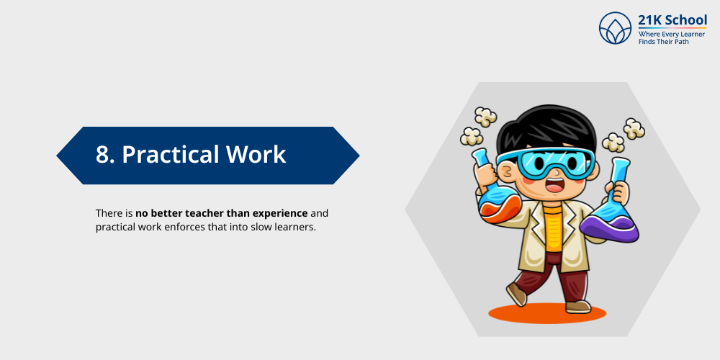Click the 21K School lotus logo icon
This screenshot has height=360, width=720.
[616, 28]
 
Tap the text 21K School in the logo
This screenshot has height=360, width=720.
[672, 19]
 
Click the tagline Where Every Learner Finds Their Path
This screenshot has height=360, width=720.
[672, 37]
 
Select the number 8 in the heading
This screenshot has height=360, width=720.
[103, 155]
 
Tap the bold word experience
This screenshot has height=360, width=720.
[280, 215]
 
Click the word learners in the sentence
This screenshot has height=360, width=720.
[299, 228]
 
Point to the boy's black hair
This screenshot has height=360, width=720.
[546, 129]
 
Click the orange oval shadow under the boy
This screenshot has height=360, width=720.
[547, 313]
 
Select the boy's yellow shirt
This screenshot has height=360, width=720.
[552, 228]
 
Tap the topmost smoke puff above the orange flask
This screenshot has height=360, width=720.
[485, 117]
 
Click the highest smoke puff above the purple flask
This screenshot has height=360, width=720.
[634, 129]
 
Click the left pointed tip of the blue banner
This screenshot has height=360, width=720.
[57, 156]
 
